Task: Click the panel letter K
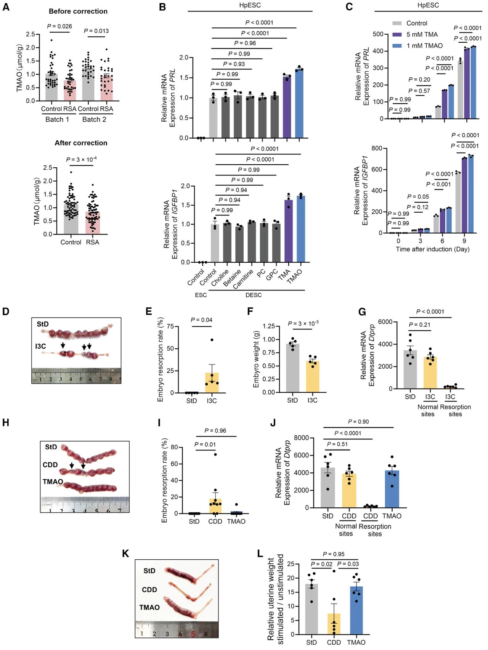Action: (125, 554)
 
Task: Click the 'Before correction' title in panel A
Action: (78, 11)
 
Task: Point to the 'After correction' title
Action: (81, 143)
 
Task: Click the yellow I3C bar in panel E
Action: (212, 383)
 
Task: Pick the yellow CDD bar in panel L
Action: (334, 624)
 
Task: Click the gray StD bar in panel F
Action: (292, 368)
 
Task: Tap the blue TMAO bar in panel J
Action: (392, 490)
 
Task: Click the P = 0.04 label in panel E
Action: (201, 320)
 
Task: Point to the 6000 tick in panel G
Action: (385, 322)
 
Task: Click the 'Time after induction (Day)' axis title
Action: (432, 249)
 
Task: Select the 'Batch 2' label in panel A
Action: (94, 120)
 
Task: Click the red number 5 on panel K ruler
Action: (193, 634)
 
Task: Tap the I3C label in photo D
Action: (40, 346)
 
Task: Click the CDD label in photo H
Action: (50, 465)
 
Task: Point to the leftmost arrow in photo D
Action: (63, 345)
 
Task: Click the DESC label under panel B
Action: (254, 295)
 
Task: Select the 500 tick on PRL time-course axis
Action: (378, 34)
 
